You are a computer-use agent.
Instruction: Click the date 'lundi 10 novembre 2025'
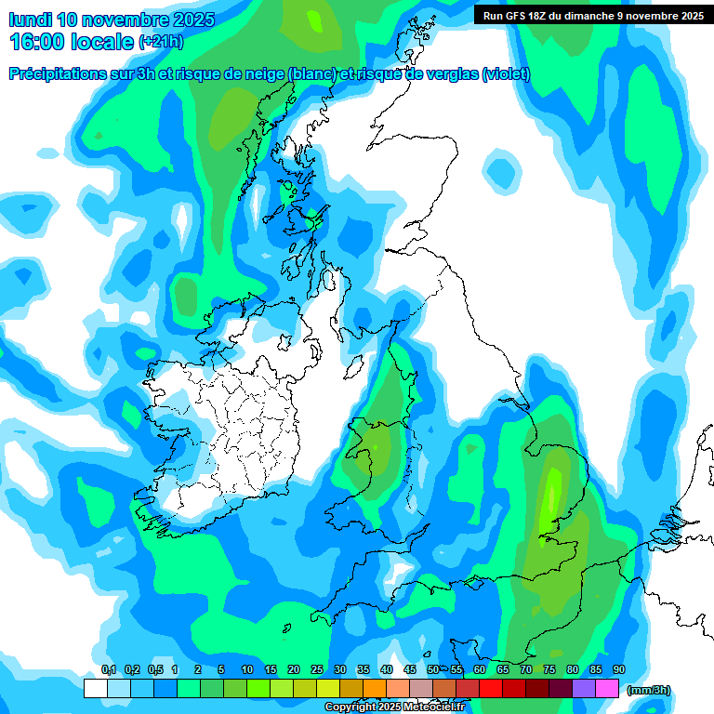click(112, 20)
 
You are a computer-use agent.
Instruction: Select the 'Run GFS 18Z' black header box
click(593, 15)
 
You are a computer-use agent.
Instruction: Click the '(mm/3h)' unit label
click(648, 690)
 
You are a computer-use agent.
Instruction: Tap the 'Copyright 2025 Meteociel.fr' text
click(403, 707)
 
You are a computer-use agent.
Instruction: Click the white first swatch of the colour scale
click(95, 689)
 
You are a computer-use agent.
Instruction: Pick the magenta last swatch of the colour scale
click(608, 689)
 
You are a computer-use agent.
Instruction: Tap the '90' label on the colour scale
click(619, 670)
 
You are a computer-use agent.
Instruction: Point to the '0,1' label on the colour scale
click(108, 670)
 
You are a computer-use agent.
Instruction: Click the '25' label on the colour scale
click(317, 670)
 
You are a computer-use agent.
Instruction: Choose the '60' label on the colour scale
click(480, 670)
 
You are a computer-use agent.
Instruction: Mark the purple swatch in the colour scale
click(584, 689)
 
